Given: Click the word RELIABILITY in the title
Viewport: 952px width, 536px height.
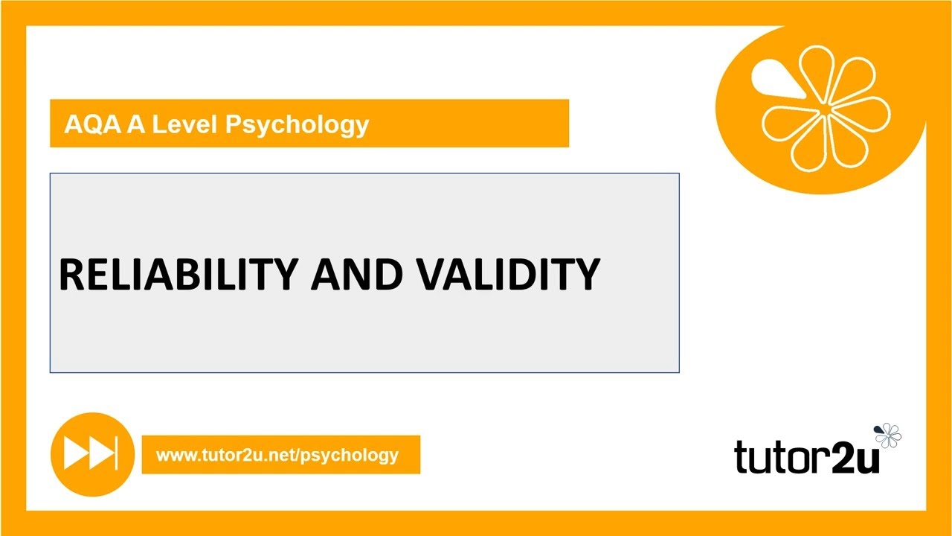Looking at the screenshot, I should [x=178, y=274].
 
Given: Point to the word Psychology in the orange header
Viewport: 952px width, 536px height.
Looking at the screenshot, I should [x=297, y=125].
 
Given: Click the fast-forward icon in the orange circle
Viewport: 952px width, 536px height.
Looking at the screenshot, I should [x=91, y=454].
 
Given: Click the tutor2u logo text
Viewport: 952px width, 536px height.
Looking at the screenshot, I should [x=807, y=456].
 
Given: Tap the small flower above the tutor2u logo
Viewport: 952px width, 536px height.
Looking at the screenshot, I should [x=888, y=435].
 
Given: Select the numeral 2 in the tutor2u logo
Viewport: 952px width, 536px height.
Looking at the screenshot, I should [x=844, y=456].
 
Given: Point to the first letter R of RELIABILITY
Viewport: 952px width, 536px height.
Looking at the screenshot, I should [x=72, y=274].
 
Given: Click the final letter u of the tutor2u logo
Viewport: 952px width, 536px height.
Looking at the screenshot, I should [x=867, y=458].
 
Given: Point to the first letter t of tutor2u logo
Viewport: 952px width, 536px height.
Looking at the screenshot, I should [x=742, y=456].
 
